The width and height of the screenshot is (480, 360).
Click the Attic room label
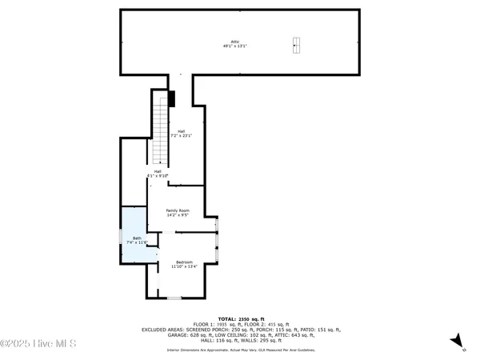tap(235, 41)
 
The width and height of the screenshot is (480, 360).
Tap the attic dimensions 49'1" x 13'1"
tap(235, 46)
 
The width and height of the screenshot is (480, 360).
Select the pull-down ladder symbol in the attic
tap(296, 45)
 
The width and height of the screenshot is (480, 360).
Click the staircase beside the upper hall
tap(162, 128)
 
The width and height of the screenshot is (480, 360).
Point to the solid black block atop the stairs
tap(171, 98)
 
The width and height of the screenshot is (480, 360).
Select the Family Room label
tap(178, 210)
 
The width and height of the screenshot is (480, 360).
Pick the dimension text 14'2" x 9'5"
tap(178, 215)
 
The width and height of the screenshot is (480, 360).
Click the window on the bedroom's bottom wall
tap(174, 298)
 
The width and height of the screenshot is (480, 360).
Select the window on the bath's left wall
tap(121, 237)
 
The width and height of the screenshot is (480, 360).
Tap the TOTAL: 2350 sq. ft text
tap(239, 318)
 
